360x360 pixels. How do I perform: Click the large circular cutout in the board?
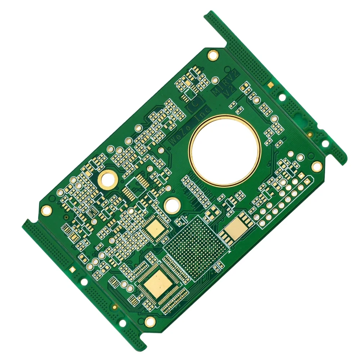tap(225, 150)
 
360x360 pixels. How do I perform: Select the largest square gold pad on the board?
tap(159, 284)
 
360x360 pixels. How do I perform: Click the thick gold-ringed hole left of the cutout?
tap(108, 179)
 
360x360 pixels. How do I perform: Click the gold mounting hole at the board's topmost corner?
tap(213, 55)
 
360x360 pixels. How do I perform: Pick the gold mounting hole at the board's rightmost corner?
tap(316, 166)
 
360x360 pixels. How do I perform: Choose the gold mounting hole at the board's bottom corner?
tap(150, 321)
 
